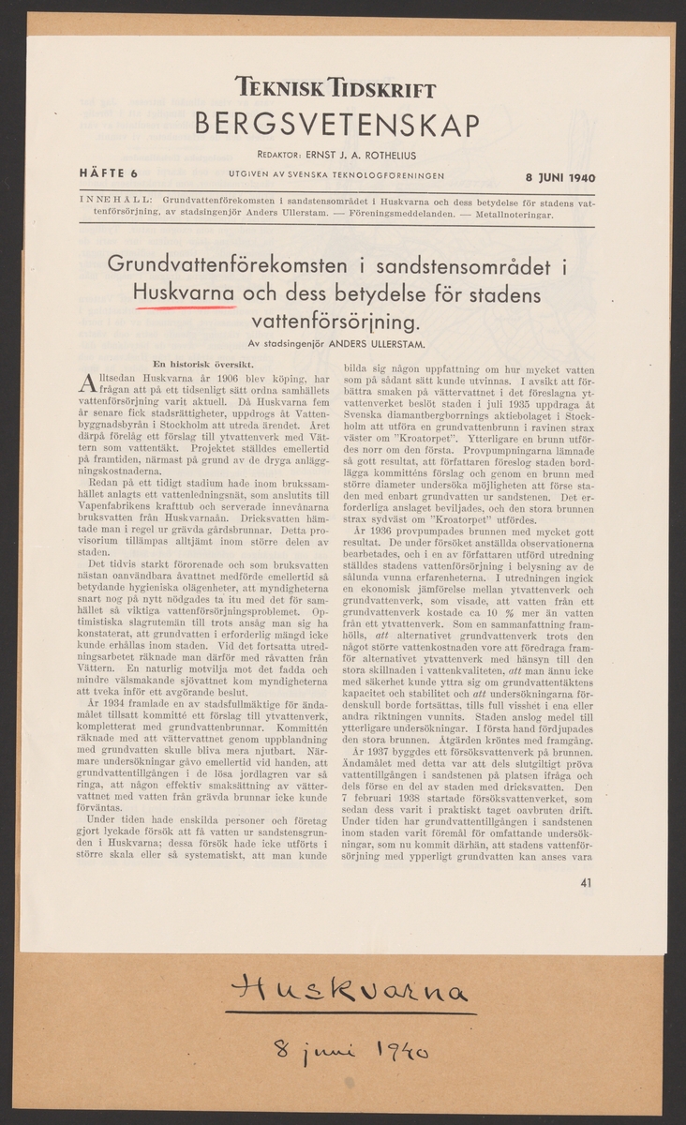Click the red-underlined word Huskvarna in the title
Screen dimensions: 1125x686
pyautogui.click(x=185, y=295)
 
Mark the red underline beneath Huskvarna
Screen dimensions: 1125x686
pyautogui.click(x=185, y=310)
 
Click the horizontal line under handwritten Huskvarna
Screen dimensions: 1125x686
pyautogui.click(x=343, y=1017)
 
